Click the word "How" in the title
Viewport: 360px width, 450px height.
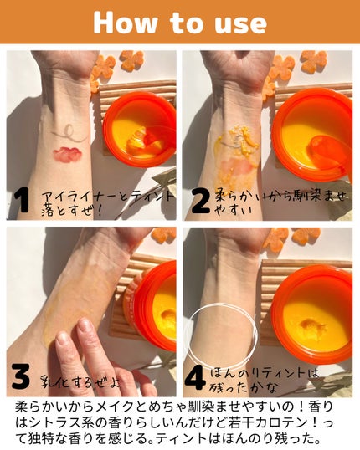pos(126,23)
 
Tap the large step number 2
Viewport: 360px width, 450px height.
pos(200,202)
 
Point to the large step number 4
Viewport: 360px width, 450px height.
pos(195,377)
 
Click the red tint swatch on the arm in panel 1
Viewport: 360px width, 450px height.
pos(68,154)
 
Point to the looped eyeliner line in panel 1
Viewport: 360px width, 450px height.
pos(69,135)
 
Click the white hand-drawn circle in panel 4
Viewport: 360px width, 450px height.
pos(221,305)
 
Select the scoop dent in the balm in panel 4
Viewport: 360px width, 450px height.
pos(312,326)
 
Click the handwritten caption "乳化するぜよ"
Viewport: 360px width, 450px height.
pos(80,382)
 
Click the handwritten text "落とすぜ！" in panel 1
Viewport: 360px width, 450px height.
pos(71,212)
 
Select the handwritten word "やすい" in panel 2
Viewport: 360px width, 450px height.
pos(233,212)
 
